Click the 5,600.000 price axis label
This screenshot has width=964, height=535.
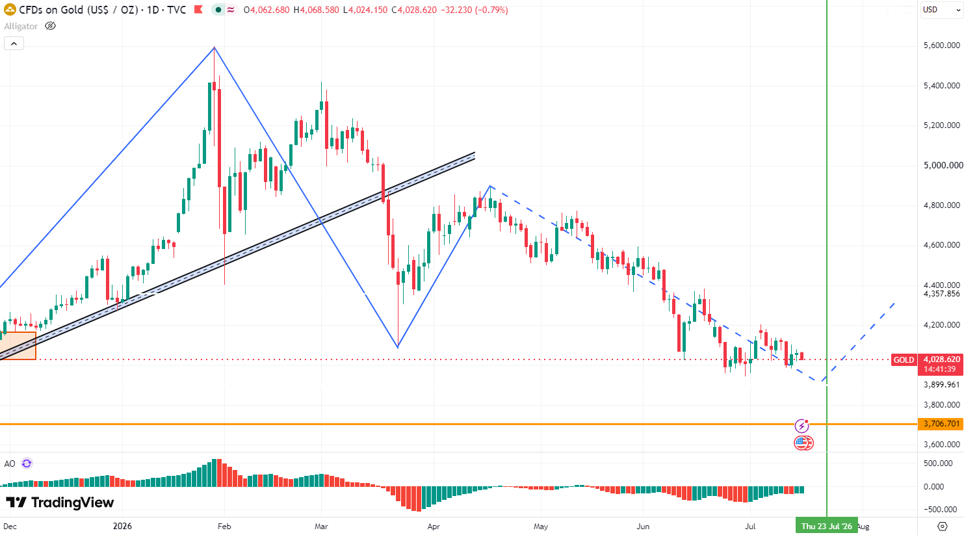click(x=942, y=46)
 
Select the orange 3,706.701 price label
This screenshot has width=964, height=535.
click(x=941, y=424)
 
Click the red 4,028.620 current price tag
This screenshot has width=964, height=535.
click(x=941, y=359)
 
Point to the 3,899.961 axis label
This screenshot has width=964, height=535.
click(x=942, y=384)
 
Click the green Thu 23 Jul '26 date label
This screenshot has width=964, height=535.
click(x=826, y=526)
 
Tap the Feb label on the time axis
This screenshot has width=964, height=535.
click(x=224, y=527)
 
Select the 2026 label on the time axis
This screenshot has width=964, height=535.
click(x=122, y=527)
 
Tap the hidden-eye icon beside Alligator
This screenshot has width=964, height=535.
click(x=50, y=26)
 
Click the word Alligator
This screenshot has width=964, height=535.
click(x=21, y=26)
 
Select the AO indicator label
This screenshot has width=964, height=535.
click(x=10, y=463)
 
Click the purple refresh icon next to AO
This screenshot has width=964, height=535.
click(x=27, y=463)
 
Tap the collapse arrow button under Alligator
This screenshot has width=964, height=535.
click(x=14, y=44)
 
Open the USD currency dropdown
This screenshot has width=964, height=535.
click(x=941, y=10)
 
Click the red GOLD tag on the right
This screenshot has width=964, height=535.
click(x=904, y=360)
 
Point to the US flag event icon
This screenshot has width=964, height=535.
click(x=803, y=443)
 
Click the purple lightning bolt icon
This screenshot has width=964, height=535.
click(x=801, y=426)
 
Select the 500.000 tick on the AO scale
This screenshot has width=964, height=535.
click(x=938, y=463)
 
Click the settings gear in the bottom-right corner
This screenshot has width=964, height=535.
click(x=943, y=527)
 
